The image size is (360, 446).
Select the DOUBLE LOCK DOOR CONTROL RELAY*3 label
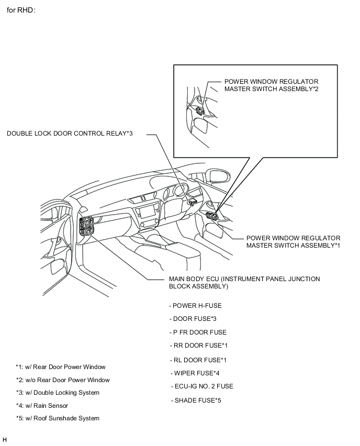coord(70,133)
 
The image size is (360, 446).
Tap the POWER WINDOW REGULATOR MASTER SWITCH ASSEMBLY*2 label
coord(271,85)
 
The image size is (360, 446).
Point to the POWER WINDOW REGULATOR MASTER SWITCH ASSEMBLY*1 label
coord(293,241)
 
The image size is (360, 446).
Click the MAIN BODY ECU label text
coord(244,283)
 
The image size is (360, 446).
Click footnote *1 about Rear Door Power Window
coord(61,367)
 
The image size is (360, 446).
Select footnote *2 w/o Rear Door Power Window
coord(63,380)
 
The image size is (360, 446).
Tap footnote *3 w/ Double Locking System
coord(58,393)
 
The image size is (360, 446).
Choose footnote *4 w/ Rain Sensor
coord(42,406)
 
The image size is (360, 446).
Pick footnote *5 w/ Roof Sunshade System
coord(58,418)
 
